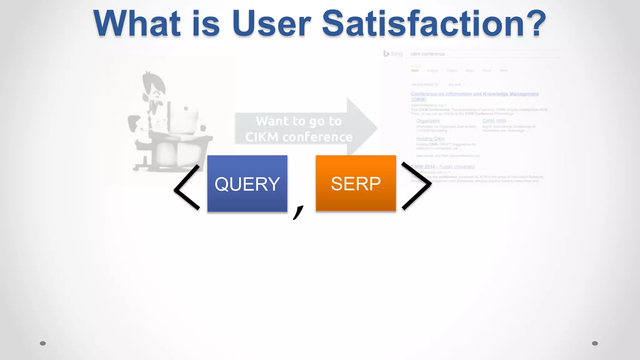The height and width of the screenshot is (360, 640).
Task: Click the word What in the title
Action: pyautogui.click(x=137, y=24)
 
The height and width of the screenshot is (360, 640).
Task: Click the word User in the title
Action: pyautogui.click(x=271, y=24)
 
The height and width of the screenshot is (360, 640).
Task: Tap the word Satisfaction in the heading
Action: pyautogui.click(x=423, y=24)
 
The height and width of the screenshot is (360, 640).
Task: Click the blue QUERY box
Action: pyautogui.click(x=247, y=184)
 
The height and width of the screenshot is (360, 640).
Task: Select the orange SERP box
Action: pyautogui.click(x=356, y=184)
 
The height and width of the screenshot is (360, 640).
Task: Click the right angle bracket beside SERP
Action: pyautogui.click(x=416, y=186)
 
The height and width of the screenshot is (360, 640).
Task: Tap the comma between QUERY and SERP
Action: pyautogui.click(x=298, y=212)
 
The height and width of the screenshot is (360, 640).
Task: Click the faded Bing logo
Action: pyautogui.click(x=393, y=54)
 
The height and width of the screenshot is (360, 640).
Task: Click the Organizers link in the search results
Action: pyautogui.click(x=428, y=121)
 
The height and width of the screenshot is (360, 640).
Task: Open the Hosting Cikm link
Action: pyautogui.click(x=430, y=138)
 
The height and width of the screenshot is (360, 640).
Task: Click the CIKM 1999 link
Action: pyautogui.click(x=494, y=121)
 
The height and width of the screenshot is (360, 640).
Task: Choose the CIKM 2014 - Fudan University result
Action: pyautogui.click(x=443, y=167)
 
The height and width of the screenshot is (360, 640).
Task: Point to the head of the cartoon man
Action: pyautogui.click(x=153, y=87)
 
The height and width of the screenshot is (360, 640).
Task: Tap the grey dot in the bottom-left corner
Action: pyautogui.click(x=43, y=343)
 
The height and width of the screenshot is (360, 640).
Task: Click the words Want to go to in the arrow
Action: pyautogui.click(x=298, y=121)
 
